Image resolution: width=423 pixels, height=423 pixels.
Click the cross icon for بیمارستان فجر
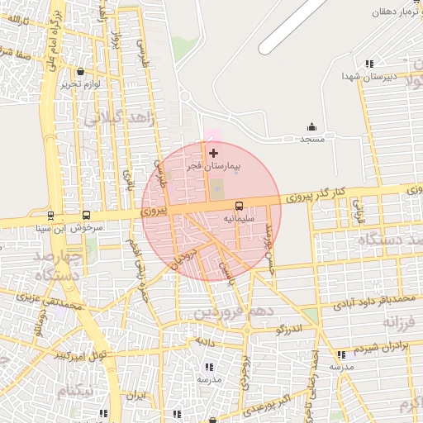click(x=214, y=153)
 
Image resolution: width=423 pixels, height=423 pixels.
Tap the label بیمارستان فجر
click(x=214, y=166)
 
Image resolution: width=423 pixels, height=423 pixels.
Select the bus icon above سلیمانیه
click(x=239, y=205)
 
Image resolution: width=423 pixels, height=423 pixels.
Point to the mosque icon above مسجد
click(x=311, y=126)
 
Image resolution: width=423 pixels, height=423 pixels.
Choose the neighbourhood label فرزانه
click(x=392, y=320)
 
